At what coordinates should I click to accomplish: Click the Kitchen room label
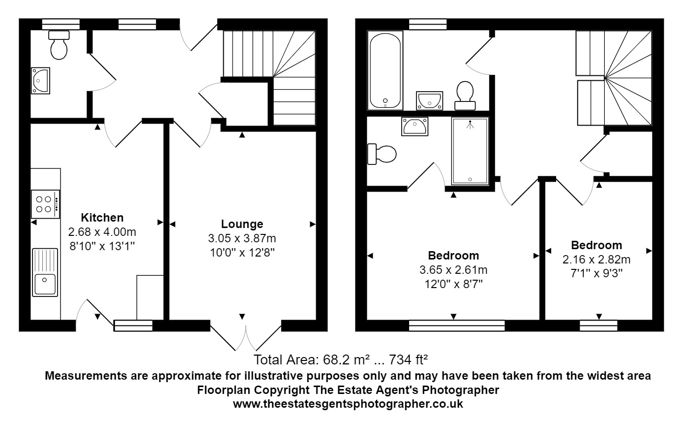click(102, 217)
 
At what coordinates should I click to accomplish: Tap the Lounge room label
click(241, 224)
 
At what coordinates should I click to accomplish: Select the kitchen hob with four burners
click(45, 204)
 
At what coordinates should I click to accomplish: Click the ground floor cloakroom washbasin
click(40, 80)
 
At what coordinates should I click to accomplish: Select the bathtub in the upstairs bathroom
click(385, 70)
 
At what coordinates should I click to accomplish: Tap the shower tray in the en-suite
click(470, 151)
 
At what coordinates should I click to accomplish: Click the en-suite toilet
click(382, 154)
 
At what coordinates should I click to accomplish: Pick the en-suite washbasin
click(415, 126)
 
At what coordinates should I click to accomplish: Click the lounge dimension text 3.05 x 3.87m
click(241, 239)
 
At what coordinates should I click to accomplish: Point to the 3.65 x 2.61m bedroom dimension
click(453, 270)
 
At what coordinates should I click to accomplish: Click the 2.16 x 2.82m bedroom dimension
click(596, 259)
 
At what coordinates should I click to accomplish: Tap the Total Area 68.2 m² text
click(342, 358)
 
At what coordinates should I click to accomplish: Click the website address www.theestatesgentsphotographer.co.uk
click(348, 404)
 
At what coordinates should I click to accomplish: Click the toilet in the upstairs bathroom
click(465, 95)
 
